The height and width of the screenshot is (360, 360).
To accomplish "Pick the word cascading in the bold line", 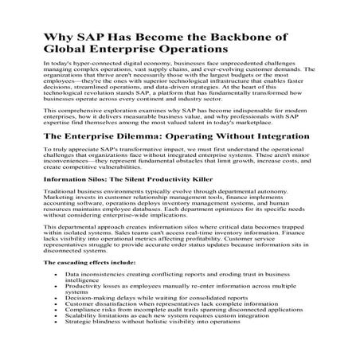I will coord(69,262).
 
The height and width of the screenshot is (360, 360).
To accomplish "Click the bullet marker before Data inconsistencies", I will coord(53,273).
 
